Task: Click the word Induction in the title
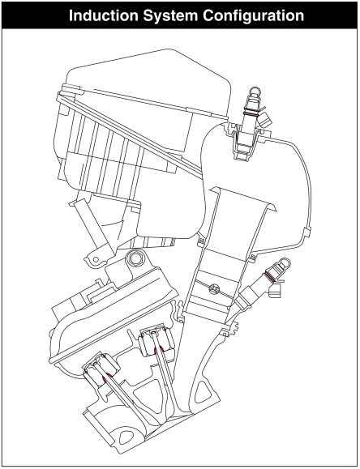103,15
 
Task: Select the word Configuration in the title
253,16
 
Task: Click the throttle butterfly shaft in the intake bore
214,288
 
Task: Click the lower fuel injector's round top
285,262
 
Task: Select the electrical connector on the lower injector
275,291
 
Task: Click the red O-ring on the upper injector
251,114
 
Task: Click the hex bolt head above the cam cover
135,258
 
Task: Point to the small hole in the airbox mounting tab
96,259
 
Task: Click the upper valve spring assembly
156,340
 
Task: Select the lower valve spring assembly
101,370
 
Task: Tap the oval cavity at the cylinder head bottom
126,437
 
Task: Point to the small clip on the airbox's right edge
307,232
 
